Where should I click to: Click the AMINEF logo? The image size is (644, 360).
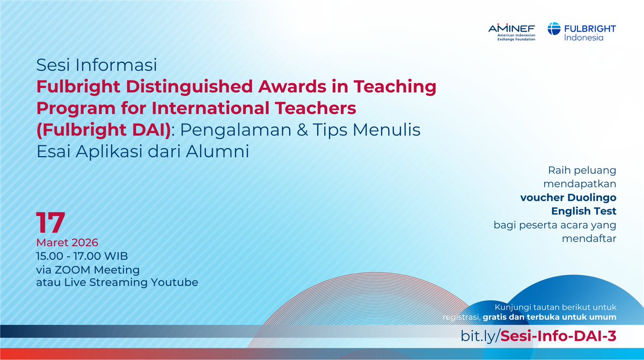point(511,34)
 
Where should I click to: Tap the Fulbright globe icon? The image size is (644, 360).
point(554,31)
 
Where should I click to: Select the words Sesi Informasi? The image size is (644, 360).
point(97,65)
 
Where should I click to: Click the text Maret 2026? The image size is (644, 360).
point(67,242)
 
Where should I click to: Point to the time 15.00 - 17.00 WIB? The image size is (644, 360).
point(82,255)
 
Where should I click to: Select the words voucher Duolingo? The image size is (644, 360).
point(568,197)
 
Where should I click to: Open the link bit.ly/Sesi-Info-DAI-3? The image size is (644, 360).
point(538,336)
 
